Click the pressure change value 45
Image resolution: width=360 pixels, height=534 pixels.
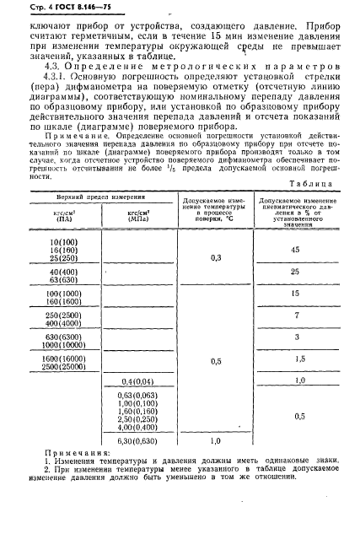[295, 250]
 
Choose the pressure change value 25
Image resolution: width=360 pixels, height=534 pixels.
[295, 272]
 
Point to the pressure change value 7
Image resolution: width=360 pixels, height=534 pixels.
[295, 314]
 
